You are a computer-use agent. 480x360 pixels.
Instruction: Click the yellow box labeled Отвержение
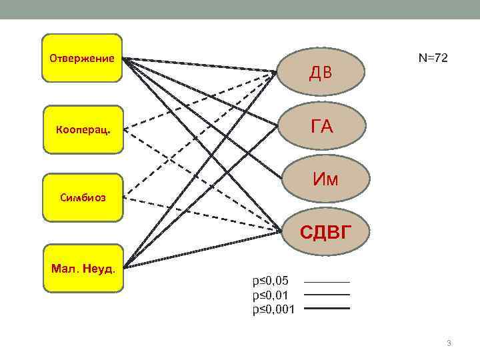(82, 58)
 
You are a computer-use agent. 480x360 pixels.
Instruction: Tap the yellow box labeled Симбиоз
(83, 198)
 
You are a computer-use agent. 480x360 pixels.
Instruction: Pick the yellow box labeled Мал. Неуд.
(83, 268)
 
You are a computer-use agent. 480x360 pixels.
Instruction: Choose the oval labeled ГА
(322, 126)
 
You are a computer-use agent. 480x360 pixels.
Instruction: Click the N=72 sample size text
(433, 59)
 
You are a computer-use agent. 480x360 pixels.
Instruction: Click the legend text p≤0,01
(271, 295)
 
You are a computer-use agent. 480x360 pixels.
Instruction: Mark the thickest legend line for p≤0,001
(327, 308)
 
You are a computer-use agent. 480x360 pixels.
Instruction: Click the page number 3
(449, 343)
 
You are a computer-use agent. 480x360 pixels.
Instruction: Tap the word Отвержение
(82, 58)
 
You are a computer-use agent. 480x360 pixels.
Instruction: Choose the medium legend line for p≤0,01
(327, 295)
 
